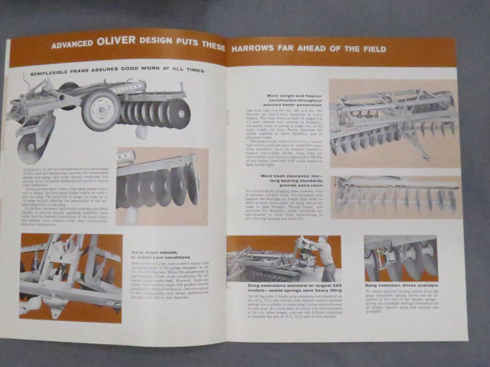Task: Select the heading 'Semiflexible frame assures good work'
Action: point(117,69)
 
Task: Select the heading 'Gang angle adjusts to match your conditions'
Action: point(160,255)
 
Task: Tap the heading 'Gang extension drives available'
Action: point(401,285)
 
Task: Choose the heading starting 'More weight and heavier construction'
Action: point(294,100)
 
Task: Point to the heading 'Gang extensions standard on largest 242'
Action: point(294,288)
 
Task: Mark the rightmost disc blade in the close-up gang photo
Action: point(194,184)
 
